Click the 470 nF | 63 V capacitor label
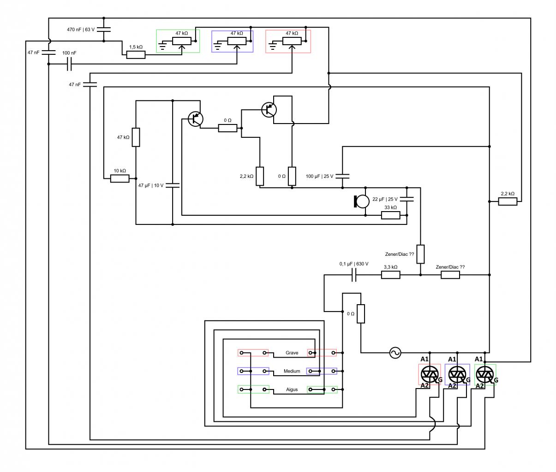click(81, 29)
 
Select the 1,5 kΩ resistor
click(136, 55)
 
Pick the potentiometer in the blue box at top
click(237, 41)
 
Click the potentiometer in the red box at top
click(292, 41)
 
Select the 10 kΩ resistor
click(120, 178)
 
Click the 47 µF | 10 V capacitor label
click(151, 185)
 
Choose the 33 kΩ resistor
click(391, 215)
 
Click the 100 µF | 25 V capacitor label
click(319, 176)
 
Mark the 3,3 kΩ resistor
click(391, 275)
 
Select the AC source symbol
click(395, 353)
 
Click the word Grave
click(292, 353)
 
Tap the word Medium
click(292, 372)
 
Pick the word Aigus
click(292, 390)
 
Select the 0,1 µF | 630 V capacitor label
click(354, 264)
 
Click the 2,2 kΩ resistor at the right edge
click(508, 201)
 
